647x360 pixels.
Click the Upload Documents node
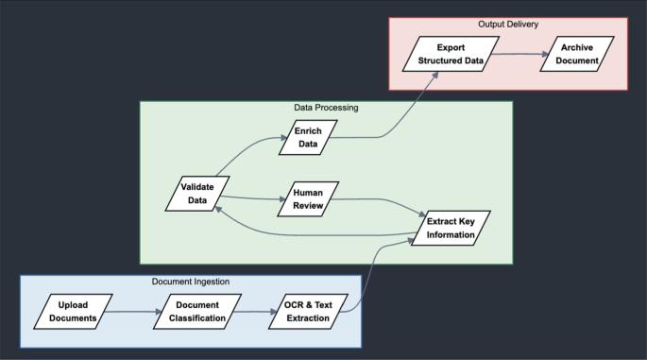(x=73, y=312)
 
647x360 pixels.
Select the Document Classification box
(x=197, y=312)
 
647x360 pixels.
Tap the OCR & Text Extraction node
(x=308, y=312)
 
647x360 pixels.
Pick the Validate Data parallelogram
(x=197, y=194)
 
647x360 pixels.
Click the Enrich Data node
(x=308, y=137)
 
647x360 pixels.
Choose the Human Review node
(x=308, y=199)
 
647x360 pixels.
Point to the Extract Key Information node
(x=451, y=228)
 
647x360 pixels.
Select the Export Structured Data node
(x=451, y=54)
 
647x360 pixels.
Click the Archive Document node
(x=577, y=54)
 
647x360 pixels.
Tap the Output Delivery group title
(x=508, y=25)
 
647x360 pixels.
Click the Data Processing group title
(x=326, y=108)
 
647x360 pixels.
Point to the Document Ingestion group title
(x=191, y=282)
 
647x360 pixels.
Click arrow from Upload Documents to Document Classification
(x=133, y=312)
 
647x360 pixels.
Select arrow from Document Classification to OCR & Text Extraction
(x=255, y=312)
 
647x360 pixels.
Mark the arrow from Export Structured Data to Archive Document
(x=519, y=54)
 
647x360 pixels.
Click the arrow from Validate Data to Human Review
(x=253, y=198)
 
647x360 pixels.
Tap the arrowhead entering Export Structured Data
(x=434, y=76)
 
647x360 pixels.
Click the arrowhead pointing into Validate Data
(x=218, y=210)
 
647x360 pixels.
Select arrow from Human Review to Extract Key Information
(x=380, y=200)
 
